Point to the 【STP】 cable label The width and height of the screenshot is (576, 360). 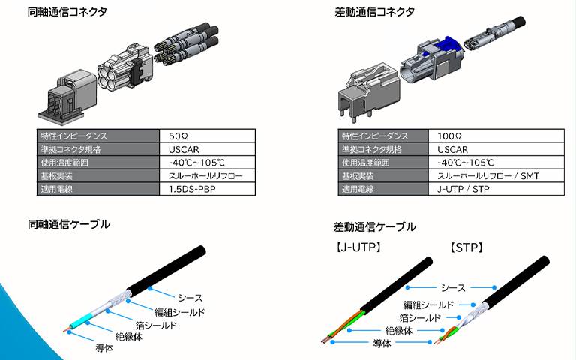click(x=466, y=246)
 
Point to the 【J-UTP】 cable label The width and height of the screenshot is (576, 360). click(x=356, y=246)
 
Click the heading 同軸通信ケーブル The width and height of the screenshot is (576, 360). click(x=68, y=224)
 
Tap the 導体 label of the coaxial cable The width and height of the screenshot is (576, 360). click(x=104, y=347)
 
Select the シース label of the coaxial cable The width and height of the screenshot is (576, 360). click(x=190, y=298)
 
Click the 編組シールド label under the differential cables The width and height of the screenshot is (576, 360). click(x=428, y=304)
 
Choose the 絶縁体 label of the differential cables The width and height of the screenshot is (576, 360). click(x=400, y=330)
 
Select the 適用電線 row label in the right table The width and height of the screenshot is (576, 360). click(x=358, y=189)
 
